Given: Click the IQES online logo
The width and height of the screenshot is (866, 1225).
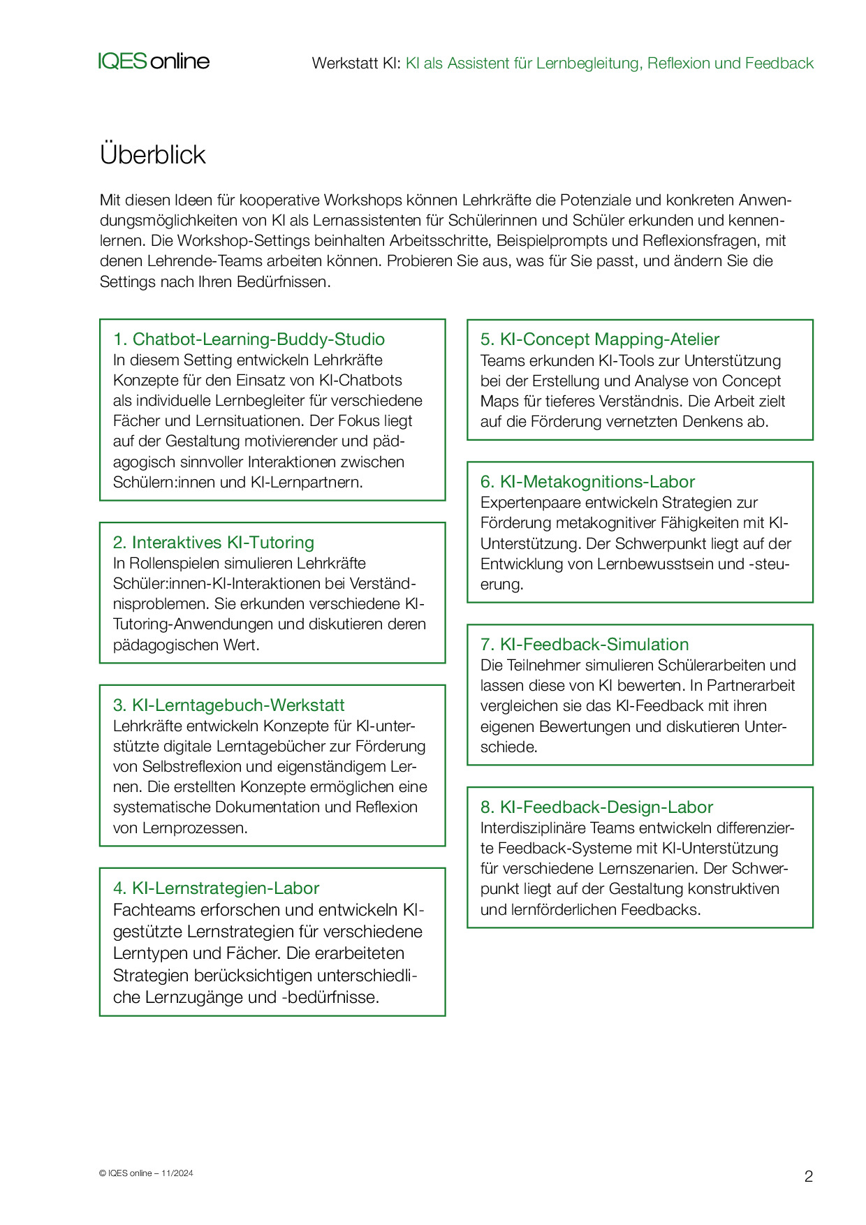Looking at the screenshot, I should coord(154,61).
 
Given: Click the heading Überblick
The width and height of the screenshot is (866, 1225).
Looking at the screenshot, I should coord(152,154).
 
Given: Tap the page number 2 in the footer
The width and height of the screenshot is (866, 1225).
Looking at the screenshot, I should coord(809,1176).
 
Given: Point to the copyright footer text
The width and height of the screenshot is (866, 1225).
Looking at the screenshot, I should coord(146,1173).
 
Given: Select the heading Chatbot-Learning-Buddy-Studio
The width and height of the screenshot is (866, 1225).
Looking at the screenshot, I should coord(249,339).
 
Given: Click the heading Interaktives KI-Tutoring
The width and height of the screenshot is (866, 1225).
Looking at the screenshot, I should coord(213,543).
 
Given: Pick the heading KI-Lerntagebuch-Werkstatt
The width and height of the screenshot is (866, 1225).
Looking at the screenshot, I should coord(228,705).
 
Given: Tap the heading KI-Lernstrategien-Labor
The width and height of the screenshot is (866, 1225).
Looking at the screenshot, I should coord(216,888).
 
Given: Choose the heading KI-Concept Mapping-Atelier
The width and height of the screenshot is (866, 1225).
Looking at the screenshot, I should coord(599,339).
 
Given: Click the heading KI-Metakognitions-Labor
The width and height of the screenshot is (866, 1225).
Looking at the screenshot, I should coord(587,482).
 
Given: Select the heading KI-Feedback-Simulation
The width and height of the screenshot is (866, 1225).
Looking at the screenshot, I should coord(585,645).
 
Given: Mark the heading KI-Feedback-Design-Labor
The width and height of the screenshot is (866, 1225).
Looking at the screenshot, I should coord(596,807).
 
